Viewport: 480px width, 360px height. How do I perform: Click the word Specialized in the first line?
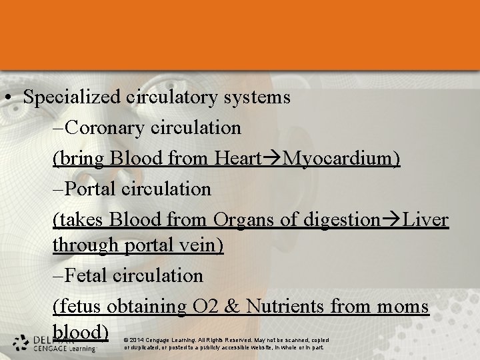[x=71, y=97]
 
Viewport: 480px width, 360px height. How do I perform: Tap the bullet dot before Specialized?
[x=6, y=99]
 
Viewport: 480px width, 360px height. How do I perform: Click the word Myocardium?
[x=341, y=159]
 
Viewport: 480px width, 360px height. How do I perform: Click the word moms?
[x=404, y=306]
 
